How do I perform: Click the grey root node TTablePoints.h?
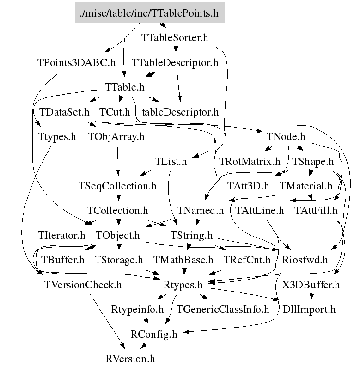pyautogui.click(x=149, y=12)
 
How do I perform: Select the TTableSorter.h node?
pyautogui.click(x=174, y=37)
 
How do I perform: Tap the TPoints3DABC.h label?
pyautogui.click(x=77, y=62)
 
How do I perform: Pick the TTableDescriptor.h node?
pyautogui.click(x=175, y=62)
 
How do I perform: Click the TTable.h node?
pyautogui.click(x=124, y=87)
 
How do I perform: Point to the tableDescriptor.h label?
pyautogui.click(x=180, y=112)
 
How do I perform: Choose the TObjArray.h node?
pyautogui.click(x=116, y=137)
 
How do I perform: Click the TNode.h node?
pyautogui.click(x=286, y=137)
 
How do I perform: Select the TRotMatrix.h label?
pyautogui.click(x=250, y=162)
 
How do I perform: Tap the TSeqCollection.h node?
pyautogui.click(x=117, y=186)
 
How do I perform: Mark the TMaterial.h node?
pyautogui.click(x=306, y=186)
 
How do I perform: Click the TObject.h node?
pyautogui.click(x=117, y=236)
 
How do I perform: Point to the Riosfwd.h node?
pyautogui.click(x=305, y=260)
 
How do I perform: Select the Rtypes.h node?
pyautogui.click(x=183, y=285)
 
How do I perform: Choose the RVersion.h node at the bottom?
pyautogui.click(x=130, y=359)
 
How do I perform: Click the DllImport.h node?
pyautogui.click(x=309, y=310)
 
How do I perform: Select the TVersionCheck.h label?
pyautogui.click(x=82, y=285)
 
